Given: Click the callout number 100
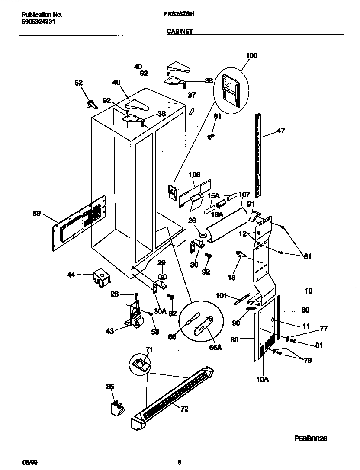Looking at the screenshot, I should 251,55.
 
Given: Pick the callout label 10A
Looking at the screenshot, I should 263,380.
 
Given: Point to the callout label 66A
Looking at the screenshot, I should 215,347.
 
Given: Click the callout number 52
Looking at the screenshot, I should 78,83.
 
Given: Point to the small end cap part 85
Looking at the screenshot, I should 116,408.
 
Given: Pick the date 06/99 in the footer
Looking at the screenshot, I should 28,462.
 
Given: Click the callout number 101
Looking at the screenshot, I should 222,296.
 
